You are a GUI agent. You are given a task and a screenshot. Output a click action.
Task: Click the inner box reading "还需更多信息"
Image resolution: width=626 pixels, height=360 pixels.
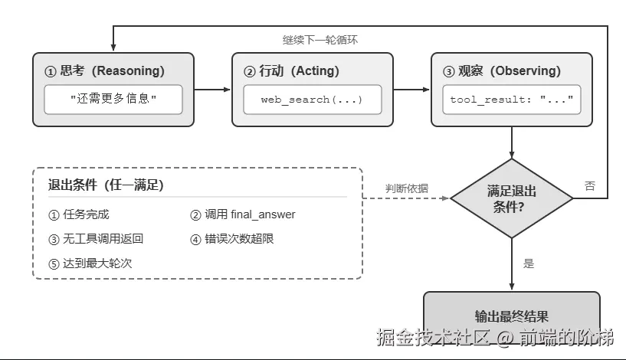point(113,100)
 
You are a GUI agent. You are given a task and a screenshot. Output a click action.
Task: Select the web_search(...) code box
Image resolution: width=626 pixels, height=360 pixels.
point(313,100)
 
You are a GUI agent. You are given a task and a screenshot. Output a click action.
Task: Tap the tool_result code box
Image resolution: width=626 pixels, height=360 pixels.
point(512,100)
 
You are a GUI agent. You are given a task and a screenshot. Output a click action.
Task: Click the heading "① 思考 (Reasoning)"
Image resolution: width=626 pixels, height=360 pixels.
point(105,71)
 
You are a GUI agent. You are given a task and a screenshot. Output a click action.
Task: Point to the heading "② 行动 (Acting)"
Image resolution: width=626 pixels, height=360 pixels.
point(291,71)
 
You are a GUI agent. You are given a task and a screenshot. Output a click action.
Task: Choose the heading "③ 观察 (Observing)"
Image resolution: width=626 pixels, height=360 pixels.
point(502,71)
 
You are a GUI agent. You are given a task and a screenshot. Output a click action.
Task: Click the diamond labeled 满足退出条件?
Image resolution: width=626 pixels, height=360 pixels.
point(512,198)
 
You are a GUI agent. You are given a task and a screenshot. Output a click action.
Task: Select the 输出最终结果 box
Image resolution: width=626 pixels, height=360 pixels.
point(512,316)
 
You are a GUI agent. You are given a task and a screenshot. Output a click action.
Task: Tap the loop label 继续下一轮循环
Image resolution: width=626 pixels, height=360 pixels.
point(320,40)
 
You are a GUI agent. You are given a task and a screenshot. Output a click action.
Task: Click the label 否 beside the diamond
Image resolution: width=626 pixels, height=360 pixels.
point(590,185)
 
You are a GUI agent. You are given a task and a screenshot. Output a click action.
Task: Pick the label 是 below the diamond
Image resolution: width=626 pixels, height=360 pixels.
point(529,263)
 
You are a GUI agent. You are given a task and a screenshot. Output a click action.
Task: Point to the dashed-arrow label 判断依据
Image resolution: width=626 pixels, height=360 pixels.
point(407,188)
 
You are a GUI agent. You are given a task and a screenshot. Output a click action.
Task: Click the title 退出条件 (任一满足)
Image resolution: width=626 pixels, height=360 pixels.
point(106,185)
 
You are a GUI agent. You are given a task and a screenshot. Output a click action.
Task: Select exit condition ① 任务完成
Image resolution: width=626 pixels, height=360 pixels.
point(79,214)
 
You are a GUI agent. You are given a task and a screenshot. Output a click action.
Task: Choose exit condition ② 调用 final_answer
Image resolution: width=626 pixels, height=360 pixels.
point(243,214)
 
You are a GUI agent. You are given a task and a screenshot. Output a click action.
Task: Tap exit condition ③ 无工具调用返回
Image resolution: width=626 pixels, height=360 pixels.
point(96,239)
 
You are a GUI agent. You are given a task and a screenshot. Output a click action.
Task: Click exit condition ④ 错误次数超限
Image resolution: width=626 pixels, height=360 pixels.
point(232,239)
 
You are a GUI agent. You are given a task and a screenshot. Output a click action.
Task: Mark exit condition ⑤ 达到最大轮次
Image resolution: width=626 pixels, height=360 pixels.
point(90,263)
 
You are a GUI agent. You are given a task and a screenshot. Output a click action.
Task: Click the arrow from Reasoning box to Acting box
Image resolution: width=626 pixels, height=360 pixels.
point(213,90)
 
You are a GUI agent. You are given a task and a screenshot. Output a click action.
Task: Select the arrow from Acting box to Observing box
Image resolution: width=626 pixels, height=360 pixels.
point(412,90)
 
